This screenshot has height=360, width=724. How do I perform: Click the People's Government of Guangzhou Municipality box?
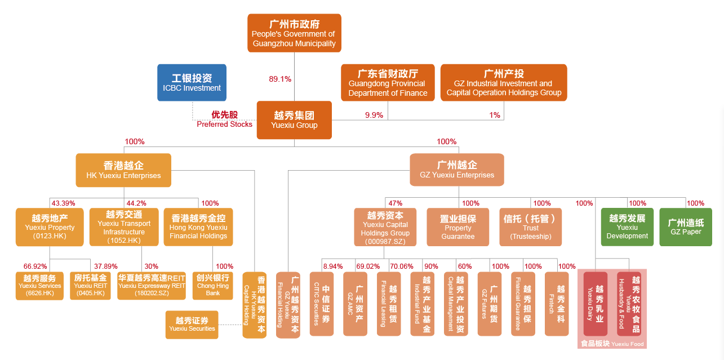coord(294,33)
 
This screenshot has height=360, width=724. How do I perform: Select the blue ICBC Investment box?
coord(192,82)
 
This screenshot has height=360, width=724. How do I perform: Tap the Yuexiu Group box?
coord(294,119)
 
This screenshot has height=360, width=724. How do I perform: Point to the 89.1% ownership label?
coord(280,79)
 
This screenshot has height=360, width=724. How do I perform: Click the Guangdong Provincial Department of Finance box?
coord(388,82)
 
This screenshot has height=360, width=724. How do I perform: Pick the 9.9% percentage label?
coord(374,115)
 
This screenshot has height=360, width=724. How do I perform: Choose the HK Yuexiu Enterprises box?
coord(123,170)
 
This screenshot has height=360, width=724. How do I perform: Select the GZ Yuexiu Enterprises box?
coord(457,170)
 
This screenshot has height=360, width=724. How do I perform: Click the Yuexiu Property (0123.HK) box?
coord(50,227)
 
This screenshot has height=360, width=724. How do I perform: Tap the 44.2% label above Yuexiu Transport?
coord(136,203)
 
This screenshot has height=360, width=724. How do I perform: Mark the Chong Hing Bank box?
coord(213,286)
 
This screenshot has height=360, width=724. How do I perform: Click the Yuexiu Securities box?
coord(192,325)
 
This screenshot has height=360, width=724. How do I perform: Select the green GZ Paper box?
coord(686,227)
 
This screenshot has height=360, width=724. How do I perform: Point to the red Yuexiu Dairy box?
coord(596,304)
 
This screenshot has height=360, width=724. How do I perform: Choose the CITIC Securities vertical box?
coord(321,304)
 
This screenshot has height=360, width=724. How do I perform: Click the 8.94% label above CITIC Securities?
coord(332,266)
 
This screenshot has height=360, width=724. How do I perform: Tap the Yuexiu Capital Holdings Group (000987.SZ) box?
coord(385,227)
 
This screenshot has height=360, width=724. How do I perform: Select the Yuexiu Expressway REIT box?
coord(152,286)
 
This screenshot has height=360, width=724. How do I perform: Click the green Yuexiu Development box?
coord(627,227)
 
